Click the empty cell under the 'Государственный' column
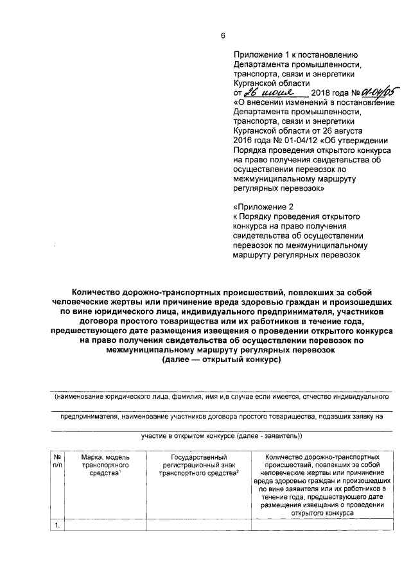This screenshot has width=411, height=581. click(198, 525)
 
